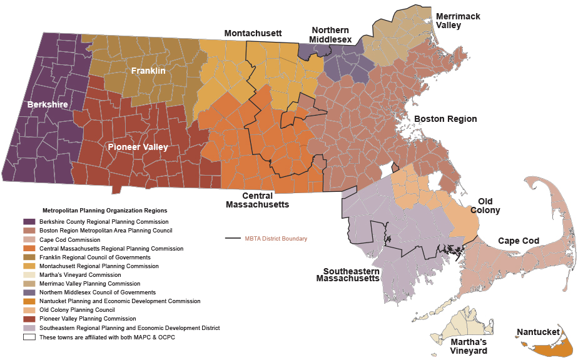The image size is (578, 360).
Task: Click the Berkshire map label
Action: point(48,104)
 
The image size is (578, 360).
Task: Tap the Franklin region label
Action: point(148,71)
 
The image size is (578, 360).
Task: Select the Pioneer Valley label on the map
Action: point(138,147)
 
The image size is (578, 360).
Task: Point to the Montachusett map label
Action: point(253,33)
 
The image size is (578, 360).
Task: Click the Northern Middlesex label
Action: point(332,35)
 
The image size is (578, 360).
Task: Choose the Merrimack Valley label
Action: point(458,21)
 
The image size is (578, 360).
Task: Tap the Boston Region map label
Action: point(445,119)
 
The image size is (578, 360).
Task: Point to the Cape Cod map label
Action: point(519,241)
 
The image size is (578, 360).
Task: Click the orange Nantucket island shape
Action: point(544,347)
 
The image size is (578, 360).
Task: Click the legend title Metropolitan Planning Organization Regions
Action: point(104,211)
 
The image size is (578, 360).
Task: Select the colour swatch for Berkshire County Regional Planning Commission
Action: point(29,222)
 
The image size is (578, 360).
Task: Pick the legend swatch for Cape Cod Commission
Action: point(29,239)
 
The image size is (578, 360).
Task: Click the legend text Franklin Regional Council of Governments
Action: point(94,257)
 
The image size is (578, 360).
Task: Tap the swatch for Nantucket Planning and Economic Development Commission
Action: point(29,301)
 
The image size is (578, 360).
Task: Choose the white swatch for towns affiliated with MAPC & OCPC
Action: point(29,336)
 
